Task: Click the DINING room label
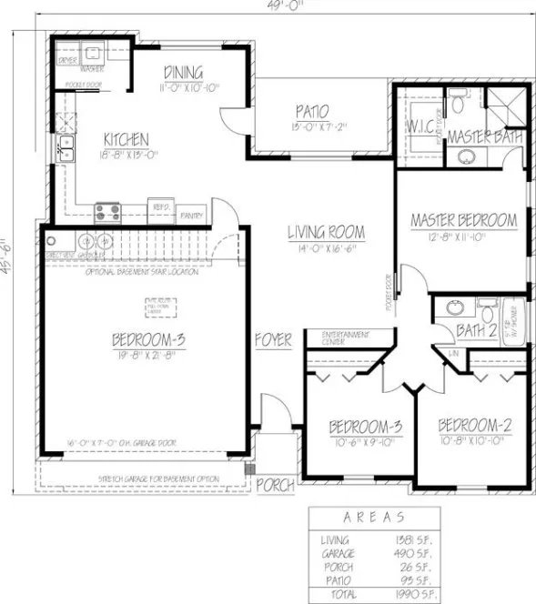tap(184, 73)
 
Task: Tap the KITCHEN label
tap(126, 139)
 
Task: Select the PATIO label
tap(311, 112)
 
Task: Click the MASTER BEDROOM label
tap(463, 220)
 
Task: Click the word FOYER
tap(273, 341)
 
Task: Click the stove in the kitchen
tap(107, 212)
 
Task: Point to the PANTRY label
tap(192, 216)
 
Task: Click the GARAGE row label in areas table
tap(335, 552)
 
